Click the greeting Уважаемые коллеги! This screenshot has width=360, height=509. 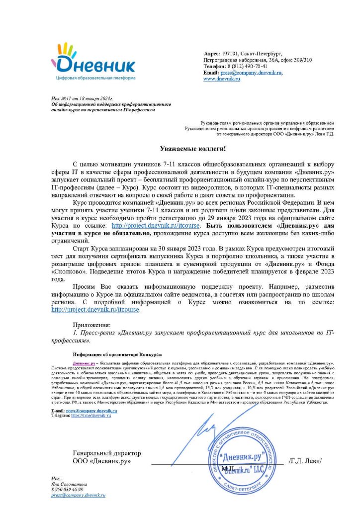pos(192,148)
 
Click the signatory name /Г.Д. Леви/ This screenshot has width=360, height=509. pos(305,461)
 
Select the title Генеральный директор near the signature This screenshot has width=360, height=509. pos(106,453)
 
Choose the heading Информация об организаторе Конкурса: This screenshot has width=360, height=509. pos(117,355)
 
